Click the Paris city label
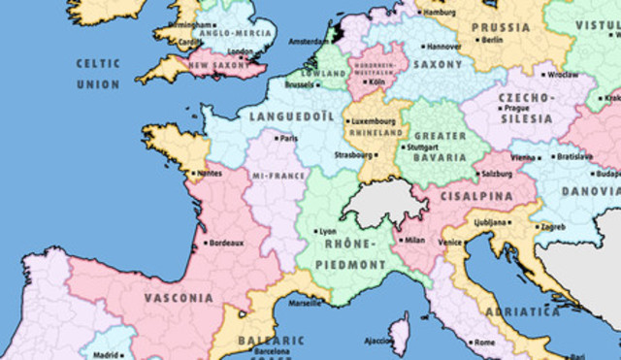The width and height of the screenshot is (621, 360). click(288, 138)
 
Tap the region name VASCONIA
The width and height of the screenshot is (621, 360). click(179, 298)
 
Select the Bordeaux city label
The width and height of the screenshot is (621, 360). click(224, 243)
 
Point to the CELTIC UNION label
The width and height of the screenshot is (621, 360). click(99, 74)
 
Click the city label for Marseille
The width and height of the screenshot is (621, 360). click(304, 303)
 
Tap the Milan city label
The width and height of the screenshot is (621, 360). click(413, 239)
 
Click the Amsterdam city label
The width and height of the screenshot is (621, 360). click(309, 42)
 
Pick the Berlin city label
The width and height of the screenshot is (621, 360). click(491, 40)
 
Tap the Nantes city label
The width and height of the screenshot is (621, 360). click(208, 175)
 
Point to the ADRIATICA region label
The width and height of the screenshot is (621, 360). click(524, 312)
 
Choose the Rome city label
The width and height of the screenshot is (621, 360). click(483, 343)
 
